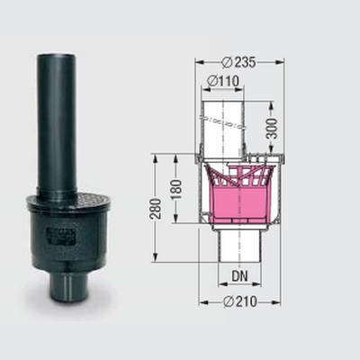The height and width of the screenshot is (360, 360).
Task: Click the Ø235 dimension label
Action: pyautogui.click(x=238, y=62)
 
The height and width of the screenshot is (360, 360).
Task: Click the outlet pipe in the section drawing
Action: pyautogui.click(x=238, y=247)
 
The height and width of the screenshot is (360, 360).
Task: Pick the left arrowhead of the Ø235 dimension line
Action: pyautogui.click(x=197, y=62)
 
